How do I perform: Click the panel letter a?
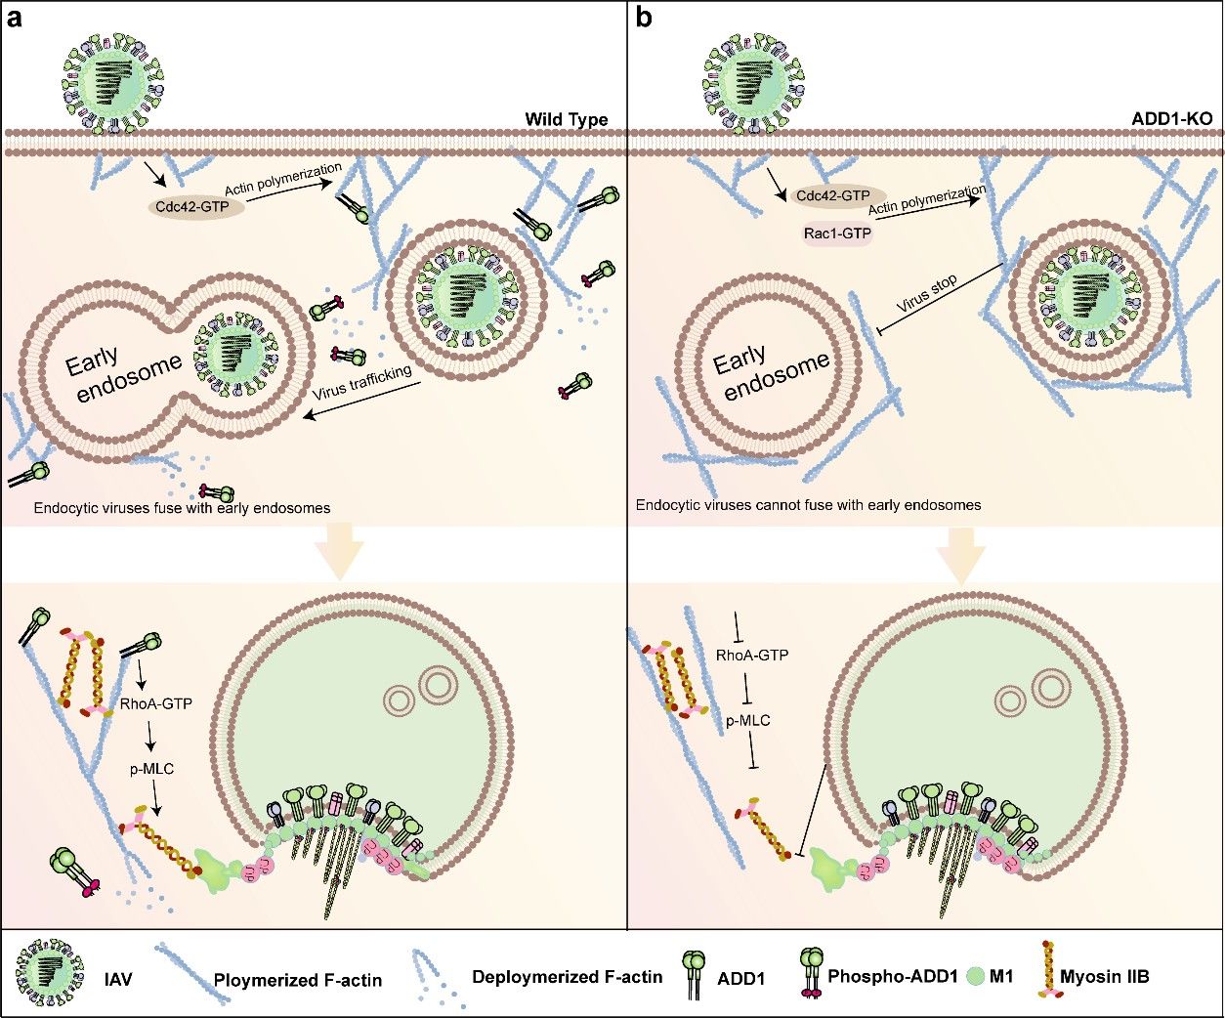16,18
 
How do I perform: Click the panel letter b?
645,18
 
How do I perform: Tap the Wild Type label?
566,120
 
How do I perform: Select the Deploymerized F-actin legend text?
567,976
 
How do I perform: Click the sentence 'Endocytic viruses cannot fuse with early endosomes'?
808,505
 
